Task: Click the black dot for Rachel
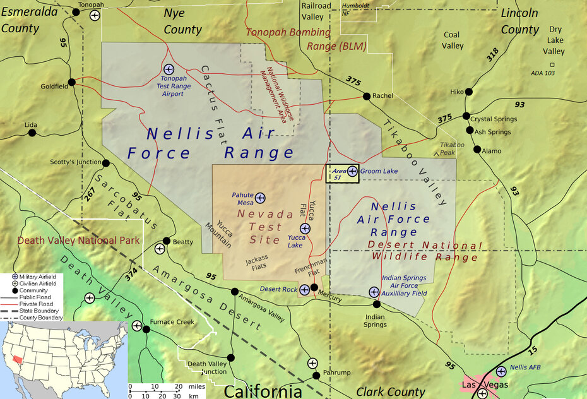coord(367,97)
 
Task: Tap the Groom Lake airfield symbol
coord(352,171)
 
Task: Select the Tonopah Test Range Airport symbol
coord(169,68)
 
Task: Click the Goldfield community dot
coord(72,81)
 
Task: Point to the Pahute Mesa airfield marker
coord(260,198)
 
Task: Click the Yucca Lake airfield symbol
coord(305,228)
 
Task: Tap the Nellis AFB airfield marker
coord(501,371)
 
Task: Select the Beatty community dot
coord(167,241)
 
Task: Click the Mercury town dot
coord(314,288)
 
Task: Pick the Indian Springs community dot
coord(376,304)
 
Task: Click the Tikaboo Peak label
coord(452,148)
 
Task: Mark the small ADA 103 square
coord(552,65)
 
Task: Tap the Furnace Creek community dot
coord(146,329)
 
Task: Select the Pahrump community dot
coord(316,376)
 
